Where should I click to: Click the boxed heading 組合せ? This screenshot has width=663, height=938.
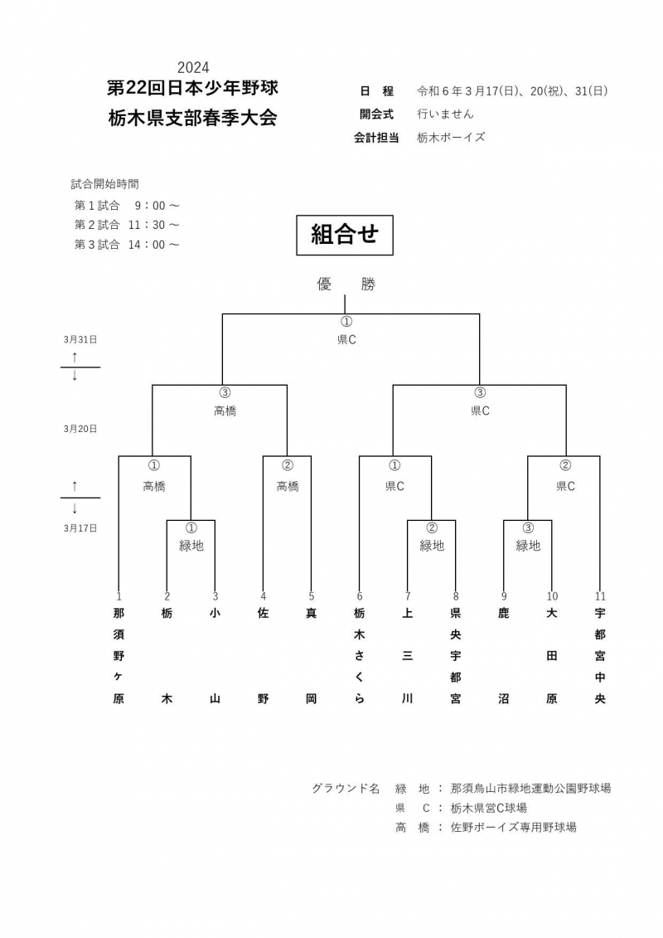click(x=345, y=235)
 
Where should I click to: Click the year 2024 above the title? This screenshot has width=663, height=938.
click(x=193, y=67)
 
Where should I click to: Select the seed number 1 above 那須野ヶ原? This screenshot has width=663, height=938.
click(x=119, y=596)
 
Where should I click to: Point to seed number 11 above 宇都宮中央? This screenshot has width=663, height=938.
click(x=600, y=596)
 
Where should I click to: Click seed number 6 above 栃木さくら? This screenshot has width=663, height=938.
click(x=360, y=596)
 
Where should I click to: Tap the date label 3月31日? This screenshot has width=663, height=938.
click(x=80, y=340)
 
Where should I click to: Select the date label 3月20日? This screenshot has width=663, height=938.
click(x=80, y=429)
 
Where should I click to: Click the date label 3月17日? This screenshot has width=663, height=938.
click(x=80, y=528)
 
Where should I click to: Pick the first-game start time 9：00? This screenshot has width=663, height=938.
click(x=150, y=206)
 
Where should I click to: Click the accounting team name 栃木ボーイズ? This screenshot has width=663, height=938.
click(x=451, y=138)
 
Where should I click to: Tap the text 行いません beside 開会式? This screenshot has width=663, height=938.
click(x=445, y=114)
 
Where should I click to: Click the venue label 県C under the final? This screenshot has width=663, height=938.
click(x=346, y=340)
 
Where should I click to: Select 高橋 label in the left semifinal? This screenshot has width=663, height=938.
click(x=225, y=411)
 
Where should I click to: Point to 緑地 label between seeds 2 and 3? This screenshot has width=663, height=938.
click(x=191, y=546)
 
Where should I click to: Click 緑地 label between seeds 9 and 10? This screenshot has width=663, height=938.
click(x=528, y=546)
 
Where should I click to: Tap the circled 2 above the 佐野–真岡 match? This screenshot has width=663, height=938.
click(x=288, y=465)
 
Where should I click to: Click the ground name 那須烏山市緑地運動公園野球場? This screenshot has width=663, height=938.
click(x=531, y=789)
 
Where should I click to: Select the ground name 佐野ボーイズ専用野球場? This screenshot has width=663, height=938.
click(x=514, y=828)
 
